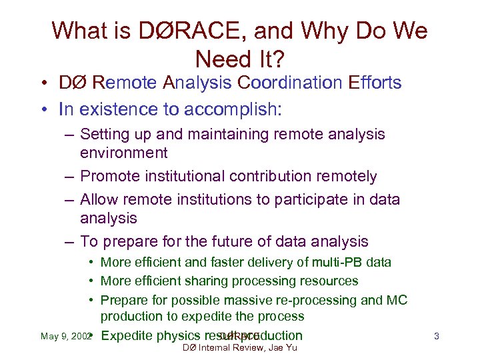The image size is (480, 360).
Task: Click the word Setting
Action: [101, 135]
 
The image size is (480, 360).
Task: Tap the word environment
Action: [123, 153]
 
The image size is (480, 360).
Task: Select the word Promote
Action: [108, 177]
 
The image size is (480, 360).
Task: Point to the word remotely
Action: [347, 177]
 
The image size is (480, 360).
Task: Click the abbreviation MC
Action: [396, 300]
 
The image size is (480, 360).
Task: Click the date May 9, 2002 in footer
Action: [65, 337]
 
